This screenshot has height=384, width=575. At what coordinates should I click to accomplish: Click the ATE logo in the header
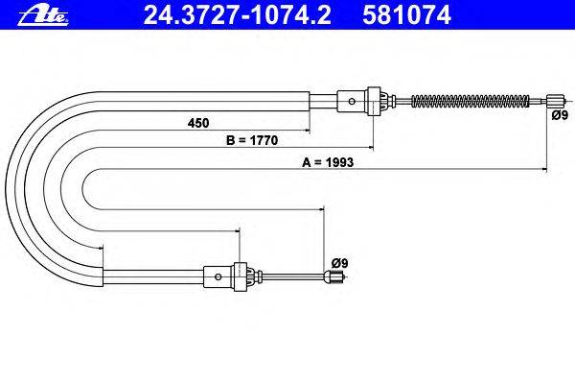pyautogui.click(x=43, y=16)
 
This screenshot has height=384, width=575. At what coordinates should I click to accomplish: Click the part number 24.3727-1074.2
pyautogui.click(x=238, y=15)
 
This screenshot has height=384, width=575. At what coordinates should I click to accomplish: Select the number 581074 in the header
pyautogui.click(x=406, y=15)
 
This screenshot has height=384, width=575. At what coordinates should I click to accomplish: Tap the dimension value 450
pyautogui.click(x=198, y=123)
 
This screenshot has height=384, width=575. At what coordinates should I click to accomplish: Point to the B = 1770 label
pyautogui.click(x=252, y=140)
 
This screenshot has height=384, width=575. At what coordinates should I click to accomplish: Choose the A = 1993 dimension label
pyautogui.click(x=328, y=162)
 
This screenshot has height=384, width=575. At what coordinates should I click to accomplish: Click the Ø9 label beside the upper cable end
pyautogui.click(x=560, y=115)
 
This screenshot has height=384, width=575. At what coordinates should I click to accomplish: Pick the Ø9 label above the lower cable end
pyautogui.click(x=339, y=263)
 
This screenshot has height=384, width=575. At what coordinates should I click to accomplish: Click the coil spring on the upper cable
pyautogui.click(x=471, y=101)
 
